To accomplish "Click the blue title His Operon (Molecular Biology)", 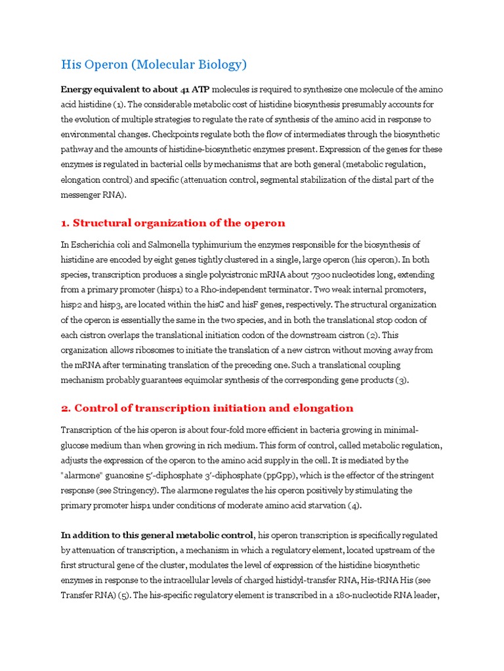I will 154,64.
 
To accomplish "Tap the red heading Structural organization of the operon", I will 173,223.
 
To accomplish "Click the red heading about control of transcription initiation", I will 207,408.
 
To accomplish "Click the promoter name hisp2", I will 73,305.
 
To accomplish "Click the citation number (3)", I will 401,380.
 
